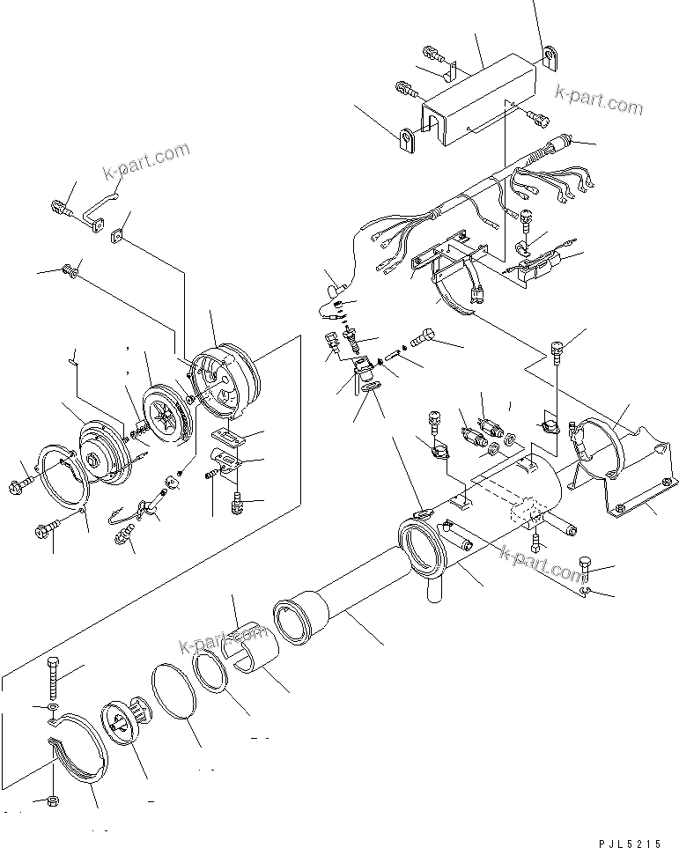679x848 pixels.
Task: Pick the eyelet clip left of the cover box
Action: [x=407, y=141]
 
